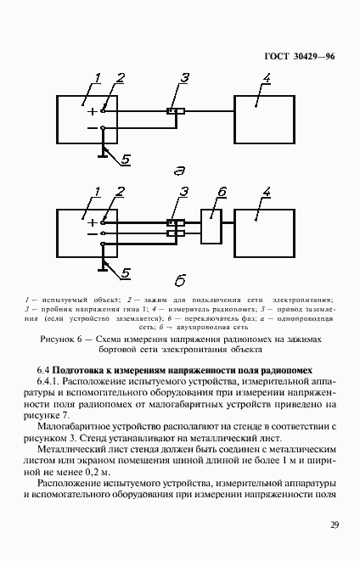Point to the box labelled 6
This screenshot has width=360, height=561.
pyautogui.click(x=210, y=227)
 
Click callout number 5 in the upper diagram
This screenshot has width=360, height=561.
pyautogui.click(x=125, y=159)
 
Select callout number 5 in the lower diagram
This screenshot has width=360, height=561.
pyautogui.click(x=125, y=272)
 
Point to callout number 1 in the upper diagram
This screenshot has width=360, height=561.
pyautogui.click(x=98, y=79)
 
